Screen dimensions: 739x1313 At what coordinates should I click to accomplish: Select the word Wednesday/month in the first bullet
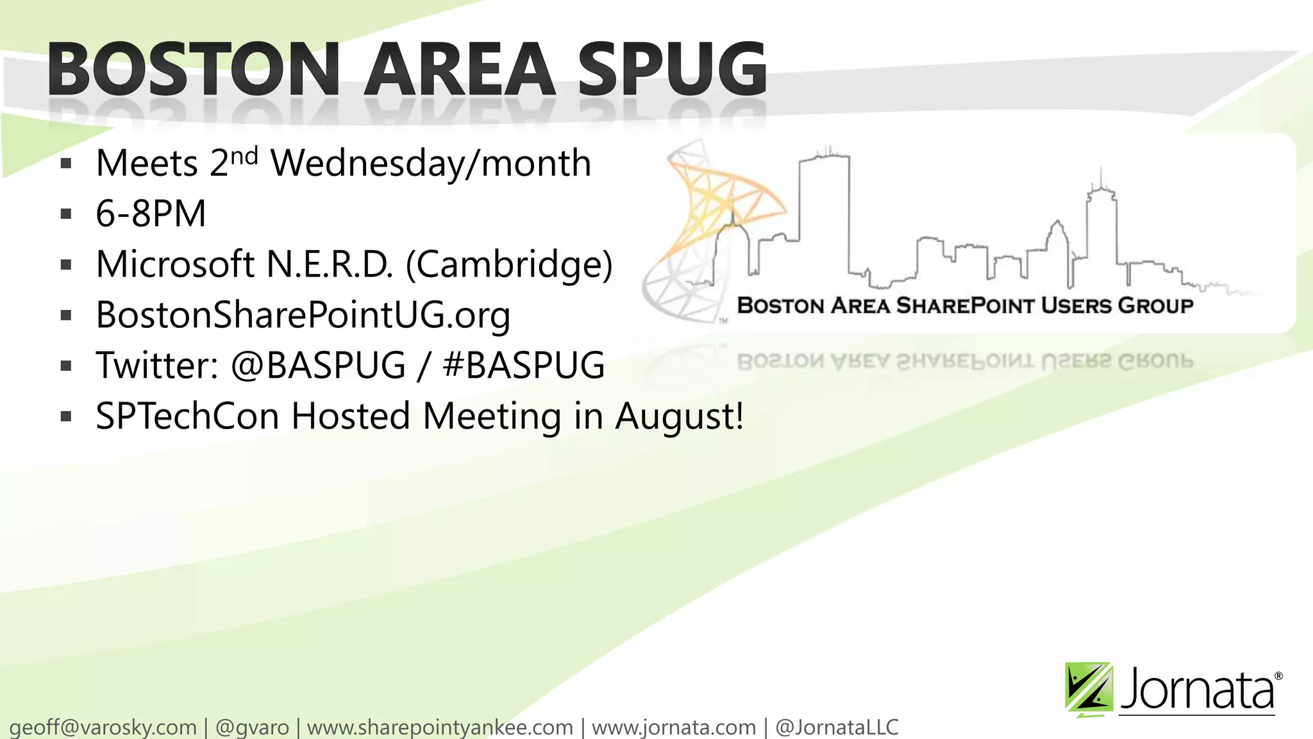430,163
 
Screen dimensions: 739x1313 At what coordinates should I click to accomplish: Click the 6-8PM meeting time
151,214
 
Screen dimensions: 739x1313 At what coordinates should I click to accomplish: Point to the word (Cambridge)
510,264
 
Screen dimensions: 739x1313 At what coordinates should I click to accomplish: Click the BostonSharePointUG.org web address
303,315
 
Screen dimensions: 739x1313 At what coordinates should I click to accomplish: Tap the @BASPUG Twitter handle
318,365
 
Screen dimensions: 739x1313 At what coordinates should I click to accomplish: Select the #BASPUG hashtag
523,365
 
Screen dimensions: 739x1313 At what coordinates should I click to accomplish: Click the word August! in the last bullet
680,416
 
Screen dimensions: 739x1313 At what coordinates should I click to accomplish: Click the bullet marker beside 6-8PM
66,214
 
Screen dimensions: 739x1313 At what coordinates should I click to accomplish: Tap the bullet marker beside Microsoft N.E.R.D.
66,265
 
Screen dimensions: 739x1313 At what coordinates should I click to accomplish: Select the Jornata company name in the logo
1198,690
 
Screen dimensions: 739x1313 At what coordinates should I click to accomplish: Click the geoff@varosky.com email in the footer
103,727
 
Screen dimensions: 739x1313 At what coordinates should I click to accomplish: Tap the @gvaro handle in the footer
252,727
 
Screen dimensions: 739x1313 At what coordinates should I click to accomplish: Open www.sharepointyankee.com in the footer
440,727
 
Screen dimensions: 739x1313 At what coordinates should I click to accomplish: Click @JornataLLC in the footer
837,727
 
